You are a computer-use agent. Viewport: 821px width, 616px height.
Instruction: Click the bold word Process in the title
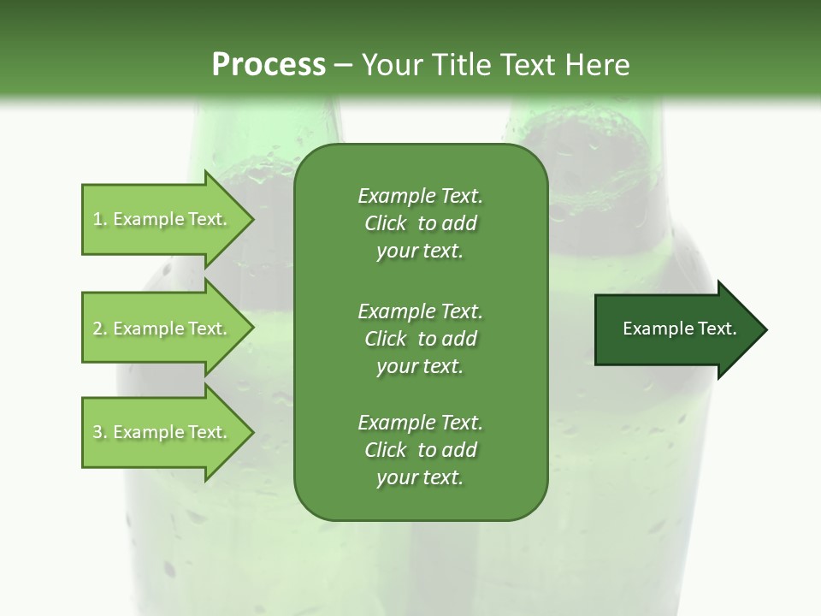[x=269, y=65]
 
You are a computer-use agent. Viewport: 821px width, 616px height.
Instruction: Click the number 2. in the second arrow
[x=99, y=329]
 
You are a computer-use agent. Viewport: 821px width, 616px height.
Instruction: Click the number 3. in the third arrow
[x=99, y=432]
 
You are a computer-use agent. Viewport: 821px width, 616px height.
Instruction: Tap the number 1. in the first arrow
[x=99, y=219]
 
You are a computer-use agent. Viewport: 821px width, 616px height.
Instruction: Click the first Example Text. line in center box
[x=420, y=196]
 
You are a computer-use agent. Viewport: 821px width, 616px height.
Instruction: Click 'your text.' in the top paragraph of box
[x=420, y=251]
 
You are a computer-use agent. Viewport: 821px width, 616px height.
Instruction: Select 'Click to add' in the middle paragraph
[x=420, y=338]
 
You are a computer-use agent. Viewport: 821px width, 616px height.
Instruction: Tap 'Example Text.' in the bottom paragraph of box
[x=420, y=423]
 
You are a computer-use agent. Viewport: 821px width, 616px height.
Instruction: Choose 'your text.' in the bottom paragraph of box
[x=420, y=477]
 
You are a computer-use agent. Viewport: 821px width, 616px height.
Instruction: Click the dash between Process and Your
[x=343, y=65]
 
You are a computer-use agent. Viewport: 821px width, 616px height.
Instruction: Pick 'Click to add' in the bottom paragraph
[x=420, y=450]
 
